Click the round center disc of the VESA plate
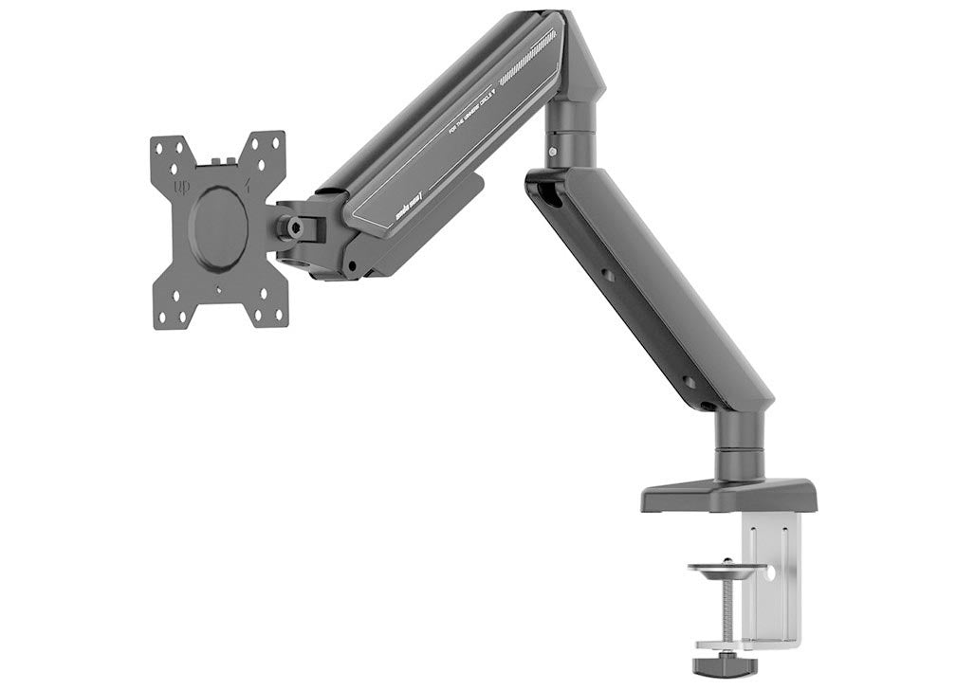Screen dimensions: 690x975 pyautogui.click(x=218, y=218)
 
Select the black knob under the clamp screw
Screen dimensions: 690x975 pyautogui.click(x=725, y=664)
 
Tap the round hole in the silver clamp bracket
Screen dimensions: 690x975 pyautogui.click(x=769, y=573)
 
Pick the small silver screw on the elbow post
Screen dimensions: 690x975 pyautogui.click(x=552, y=151)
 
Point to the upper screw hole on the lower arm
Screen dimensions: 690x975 pyautogui.click(x=607, y=276)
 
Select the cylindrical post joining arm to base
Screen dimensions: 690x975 pyautogui.click(x=740, y=445)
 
